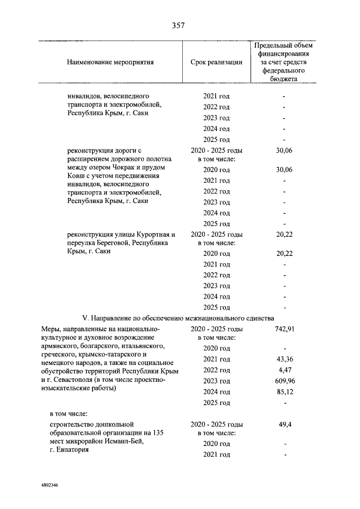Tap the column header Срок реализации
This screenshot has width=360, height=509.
(x=217, y=62)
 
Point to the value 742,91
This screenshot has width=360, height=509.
(x=284, y=328)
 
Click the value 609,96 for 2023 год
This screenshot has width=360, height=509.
(x=284, y=381)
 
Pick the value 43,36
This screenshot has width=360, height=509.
(x=284, y=359)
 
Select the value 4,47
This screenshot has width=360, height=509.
(x=284, y=370)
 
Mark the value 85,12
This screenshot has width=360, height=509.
(x=284, y=392)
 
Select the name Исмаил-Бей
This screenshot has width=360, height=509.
(x=127, y=442)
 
